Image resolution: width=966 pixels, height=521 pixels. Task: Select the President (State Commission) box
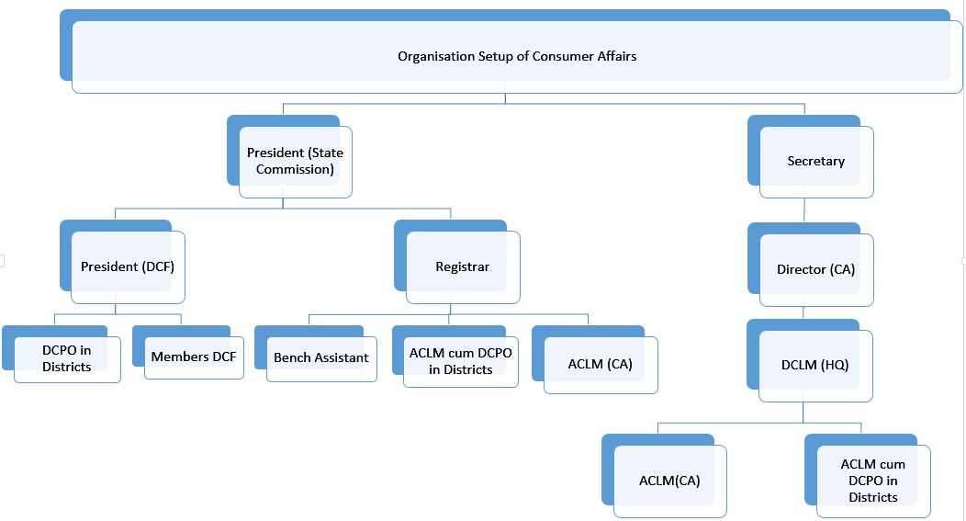click(x=295, y=161)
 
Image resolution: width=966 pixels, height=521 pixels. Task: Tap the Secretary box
click(x=815, y=161)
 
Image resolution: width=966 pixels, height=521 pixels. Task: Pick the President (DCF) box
click(x=128, y=266)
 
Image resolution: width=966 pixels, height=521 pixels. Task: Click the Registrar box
click(x=462, y=266)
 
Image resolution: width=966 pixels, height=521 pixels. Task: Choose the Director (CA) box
click(x=815, y=269)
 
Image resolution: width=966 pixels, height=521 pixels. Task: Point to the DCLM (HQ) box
click(x=814, y=365)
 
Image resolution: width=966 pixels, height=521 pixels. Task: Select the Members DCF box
click(x=194, y=357)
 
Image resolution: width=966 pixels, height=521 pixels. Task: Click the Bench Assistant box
click(x=320, y=357)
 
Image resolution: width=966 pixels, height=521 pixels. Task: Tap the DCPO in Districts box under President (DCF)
click(x=66, y=358)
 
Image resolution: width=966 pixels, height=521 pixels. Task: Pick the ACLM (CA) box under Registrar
click(x=600, y=364)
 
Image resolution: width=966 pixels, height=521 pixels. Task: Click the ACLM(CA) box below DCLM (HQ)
click(x=669, y=481)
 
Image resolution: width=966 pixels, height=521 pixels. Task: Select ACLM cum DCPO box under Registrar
click(x=460, y=361)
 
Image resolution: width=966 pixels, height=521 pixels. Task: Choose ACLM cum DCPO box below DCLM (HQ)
click(x=872, y=481)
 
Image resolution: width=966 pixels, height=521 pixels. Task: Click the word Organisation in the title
click(x=435, y=56)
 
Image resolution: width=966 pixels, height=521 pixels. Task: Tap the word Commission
click(x=295, y=169)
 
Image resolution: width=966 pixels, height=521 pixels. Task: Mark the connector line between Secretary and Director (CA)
click(x=804, y=210)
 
